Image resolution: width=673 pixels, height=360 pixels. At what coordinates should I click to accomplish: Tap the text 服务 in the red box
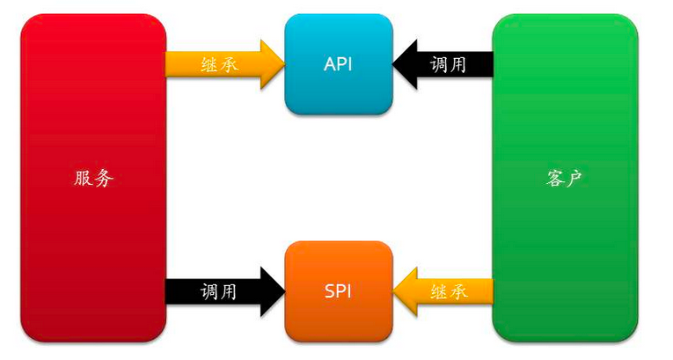click(x=94, y=179)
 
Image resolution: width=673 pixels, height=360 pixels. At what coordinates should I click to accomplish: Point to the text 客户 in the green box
click(x=565, y=179)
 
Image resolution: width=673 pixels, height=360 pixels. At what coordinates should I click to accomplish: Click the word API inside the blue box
click(x=339, y=64)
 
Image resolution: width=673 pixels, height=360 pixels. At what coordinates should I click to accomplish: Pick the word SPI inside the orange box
click(x=339, y=291)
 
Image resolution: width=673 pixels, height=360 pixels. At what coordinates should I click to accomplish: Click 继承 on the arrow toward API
click(x=219, y=64)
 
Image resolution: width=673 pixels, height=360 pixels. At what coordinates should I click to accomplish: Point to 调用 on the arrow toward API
click(x=449, y=64)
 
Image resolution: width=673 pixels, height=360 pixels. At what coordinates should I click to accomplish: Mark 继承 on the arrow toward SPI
click(x=449, y=291)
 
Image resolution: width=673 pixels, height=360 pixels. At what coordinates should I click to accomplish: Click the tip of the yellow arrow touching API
click(x=282, y=64)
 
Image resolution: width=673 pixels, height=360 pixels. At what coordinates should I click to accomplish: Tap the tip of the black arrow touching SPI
click(x=282, y=291)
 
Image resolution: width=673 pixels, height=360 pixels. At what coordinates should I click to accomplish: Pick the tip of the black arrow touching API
click(x=395, y=64)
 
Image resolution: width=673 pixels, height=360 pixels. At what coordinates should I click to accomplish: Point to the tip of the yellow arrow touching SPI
click(x=395, y=291)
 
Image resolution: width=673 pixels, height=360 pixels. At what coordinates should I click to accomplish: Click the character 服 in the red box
click(x=84, y=179)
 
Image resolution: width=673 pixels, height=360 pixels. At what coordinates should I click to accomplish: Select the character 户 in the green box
click(x=575, y=179)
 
